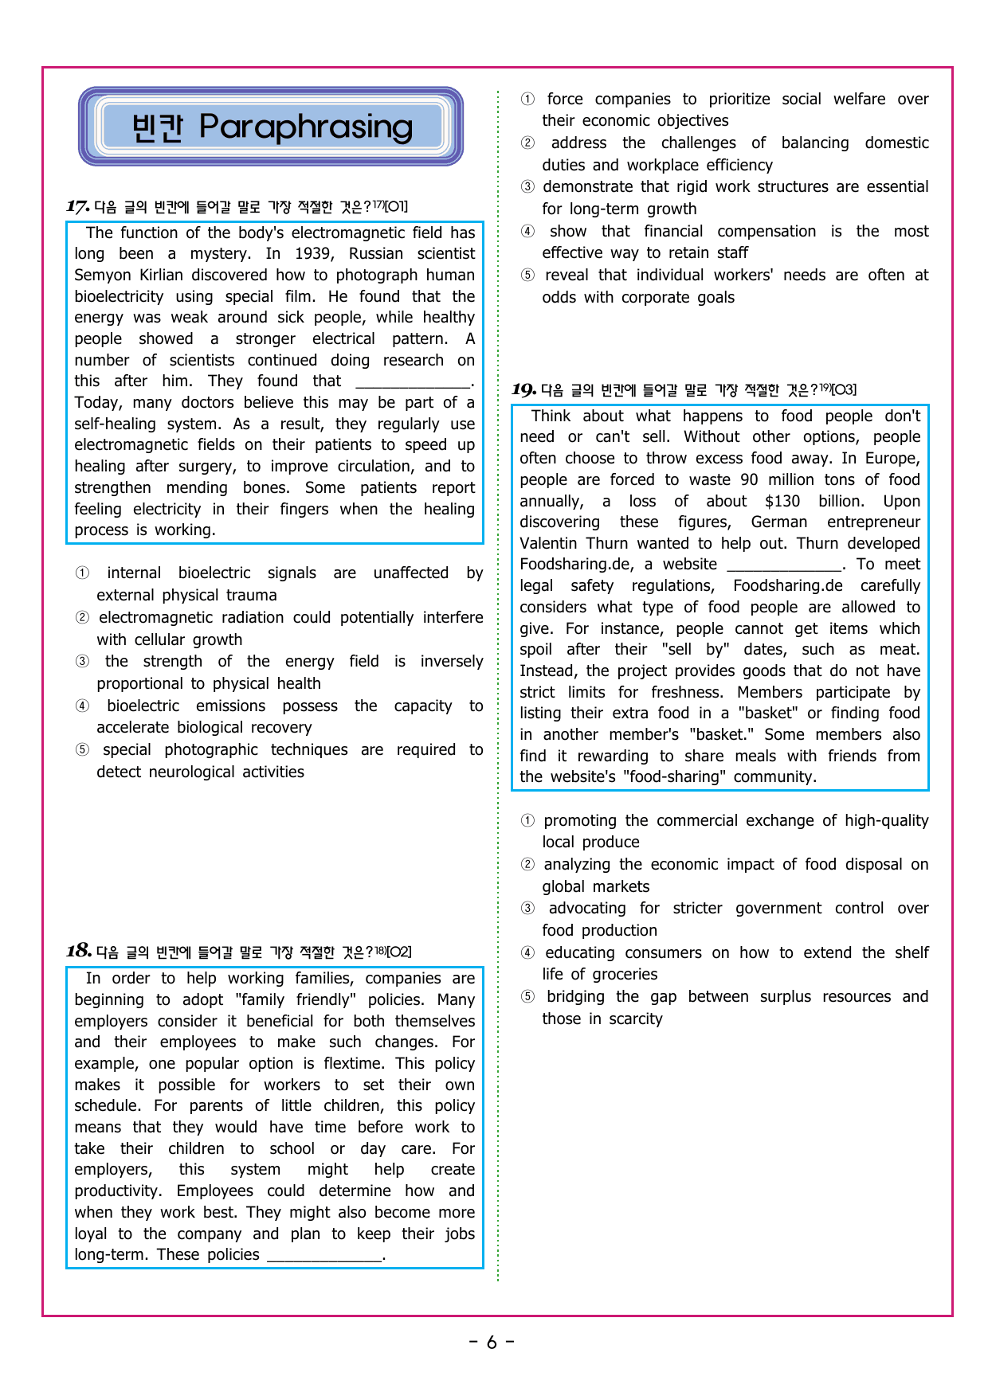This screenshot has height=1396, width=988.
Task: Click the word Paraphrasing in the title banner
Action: pos(306,126)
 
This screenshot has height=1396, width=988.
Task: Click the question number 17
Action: pos(77,207)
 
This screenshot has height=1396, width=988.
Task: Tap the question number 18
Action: pos(78,951)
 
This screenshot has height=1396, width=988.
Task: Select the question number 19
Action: pos(523,389)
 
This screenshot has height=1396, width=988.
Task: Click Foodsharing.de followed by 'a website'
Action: pos(577,565)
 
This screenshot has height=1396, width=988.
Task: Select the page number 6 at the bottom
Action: pos(492,1343)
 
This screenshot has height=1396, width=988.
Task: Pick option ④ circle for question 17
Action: pos(82,706)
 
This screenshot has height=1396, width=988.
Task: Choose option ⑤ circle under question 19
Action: pos(527,997)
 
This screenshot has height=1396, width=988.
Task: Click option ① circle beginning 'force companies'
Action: pos(527,100)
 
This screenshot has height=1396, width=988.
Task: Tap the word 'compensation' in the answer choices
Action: pos(766,232)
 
